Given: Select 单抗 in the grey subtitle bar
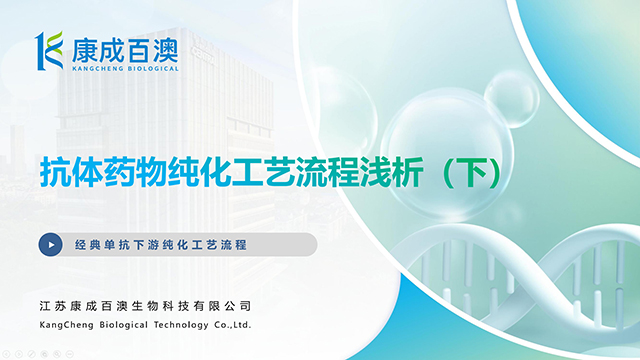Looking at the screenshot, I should coord(118,244).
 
